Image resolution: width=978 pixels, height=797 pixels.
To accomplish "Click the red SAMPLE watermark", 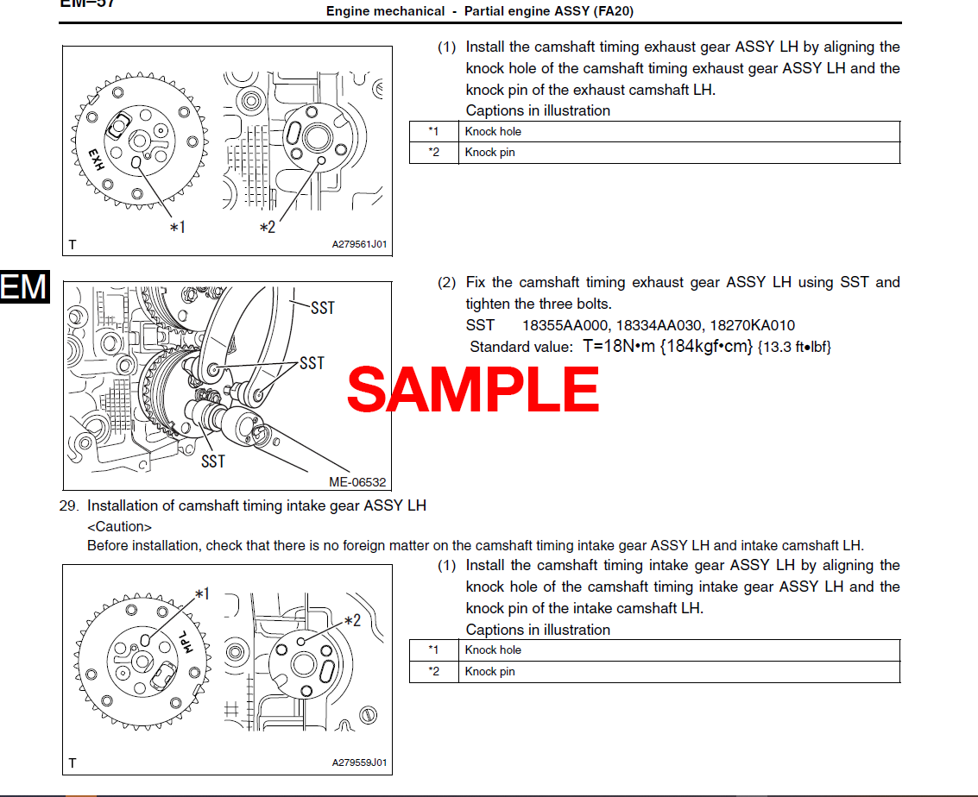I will (473, 389).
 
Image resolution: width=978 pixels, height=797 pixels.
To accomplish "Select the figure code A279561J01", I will (359, 245).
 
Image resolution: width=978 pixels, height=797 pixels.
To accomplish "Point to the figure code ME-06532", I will (357, 483).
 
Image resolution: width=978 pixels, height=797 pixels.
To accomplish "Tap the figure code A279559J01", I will (359, 763).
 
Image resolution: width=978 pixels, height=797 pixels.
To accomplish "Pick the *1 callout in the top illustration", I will (177, 228).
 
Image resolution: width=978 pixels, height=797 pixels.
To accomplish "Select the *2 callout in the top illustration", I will (268, 228).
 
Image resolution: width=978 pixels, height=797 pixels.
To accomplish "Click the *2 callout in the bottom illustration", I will (352, 620).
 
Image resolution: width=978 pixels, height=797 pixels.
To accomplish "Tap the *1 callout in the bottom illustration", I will (202, 593).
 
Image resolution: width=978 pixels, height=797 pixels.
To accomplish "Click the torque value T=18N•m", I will (620, 347).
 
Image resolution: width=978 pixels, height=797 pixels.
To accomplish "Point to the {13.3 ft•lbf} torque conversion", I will (794, 348).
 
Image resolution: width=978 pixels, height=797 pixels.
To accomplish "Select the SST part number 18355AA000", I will (564, 325).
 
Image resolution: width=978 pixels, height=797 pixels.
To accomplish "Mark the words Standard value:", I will (521, 348).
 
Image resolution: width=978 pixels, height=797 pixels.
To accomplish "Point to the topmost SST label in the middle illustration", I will (322, 308).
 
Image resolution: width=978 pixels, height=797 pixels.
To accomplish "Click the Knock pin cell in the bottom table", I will (489, 671).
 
